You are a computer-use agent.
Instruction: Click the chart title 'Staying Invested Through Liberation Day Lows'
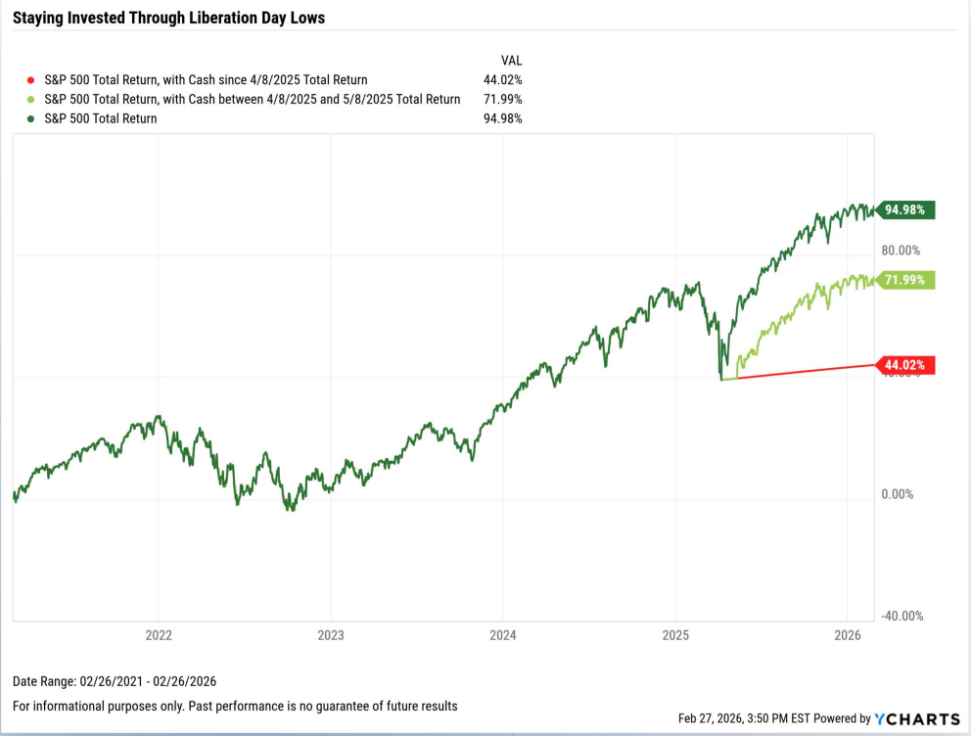(x=168, y=18)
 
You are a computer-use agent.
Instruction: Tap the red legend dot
(x=30, y=79)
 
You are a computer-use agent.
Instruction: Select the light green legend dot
(x=30, y=99)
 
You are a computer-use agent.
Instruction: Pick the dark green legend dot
(x=30, y=118)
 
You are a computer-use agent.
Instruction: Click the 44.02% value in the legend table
(x=504, y=79)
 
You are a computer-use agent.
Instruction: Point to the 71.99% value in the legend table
(x=504, y=99)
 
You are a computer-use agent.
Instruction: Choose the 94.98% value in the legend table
(x=504, y=118)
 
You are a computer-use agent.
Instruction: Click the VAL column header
(x=511, y=58)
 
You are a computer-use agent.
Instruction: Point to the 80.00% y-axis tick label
(x=901, y=251)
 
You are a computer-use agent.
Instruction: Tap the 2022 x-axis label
(x=159, y=635)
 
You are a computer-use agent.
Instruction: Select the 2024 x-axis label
(x=502, y=635)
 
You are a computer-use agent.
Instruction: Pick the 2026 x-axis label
(x=847, y=635)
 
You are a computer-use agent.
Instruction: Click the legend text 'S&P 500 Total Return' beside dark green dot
(x=101, y=118)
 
